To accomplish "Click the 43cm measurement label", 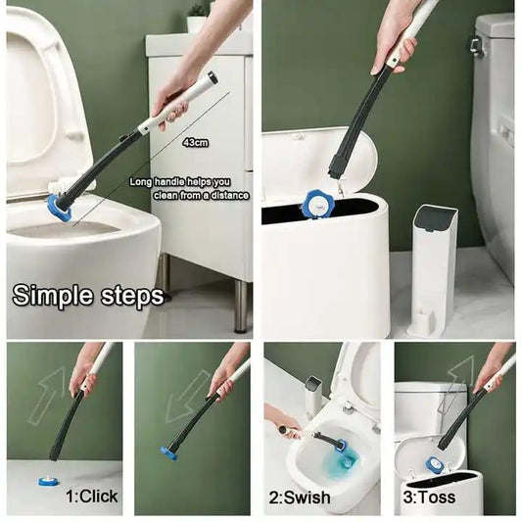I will (x=195, y=142).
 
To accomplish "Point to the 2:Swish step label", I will (x=300, y=498).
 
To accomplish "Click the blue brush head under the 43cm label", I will (x=61, y=203).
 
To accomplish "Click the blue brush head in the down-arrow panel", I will (x=171, y=451).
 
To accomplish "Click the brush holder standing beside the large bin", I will (x=432, y=268).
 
